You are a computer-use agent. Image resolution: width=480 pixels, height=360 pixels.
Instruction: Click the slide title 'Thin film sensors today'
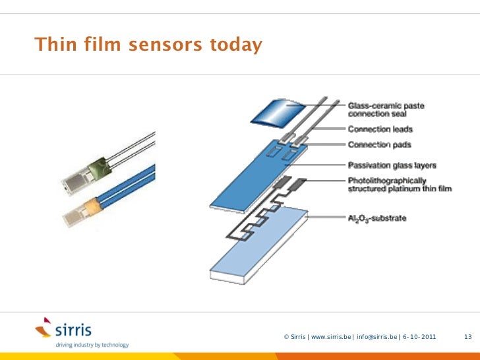coord(148,45)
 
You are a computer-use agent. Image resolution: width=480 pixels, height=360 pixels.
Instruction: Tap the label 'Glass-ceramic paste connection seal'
coord(386,109)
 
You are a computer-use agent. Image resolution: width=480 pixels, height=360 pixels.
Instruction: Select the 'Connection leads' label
coord(380,129)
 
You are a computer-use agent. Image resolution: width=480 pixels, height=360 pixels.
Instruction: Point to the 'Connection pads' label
coord(379,145)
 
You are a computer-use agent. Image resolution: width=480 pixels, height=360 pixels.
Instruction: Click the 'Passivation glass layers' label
coord(392,165)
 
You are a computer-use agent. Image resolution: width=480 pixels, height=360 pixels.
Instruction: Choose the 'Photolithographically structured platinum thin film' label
coord(400,185)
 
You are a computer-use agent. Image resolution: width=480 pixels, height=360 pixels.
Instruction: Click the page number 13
coord(468,337)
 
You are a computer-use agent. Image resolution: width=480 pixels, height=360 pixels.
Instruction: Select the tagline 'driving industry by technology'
coord(92,345)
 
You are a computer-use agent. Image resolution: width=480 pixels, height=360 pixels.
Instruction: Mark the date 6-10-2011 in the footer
coord(419,337)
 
